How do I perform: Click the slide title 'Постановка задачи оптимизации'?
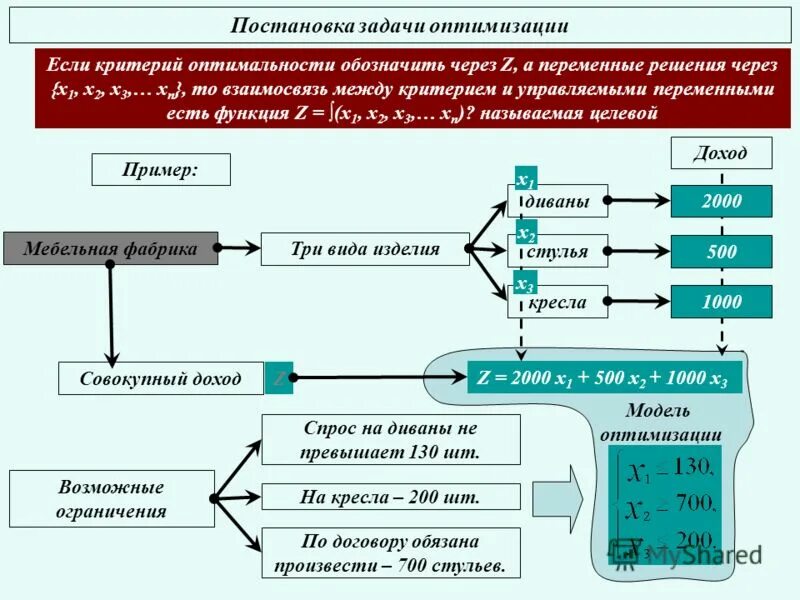(x=400, y=26)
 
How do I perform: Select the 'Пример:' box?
(x=161, y=169)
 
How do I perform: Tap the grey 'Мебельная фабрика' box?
(x=110, y=248)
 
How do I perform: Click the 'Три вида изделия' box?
(x=365, y=249)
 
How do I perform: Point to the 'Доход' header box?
(x=720, y=153)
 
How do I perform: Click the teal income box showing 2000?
(x=721, y=201)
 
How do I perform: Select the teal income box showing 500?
(x=721, y=252)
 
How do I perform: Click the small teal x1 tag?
(x=526, y=180)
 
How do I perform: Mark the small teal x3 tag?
(x=526, y=285)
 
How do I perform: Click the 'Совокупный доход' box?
(x=161, y=378)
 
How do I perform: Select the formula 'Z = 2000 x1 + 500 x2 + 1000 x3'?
(x=604, y=378)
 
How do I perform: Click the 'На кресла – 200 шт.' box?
(x=391, y=496)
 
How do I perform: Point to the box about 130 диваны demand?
(x=391, y=439)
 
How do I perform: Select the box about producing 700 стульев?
(x=391, y=553)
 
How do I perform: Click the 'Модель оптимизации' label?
(x=660, y=422)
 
